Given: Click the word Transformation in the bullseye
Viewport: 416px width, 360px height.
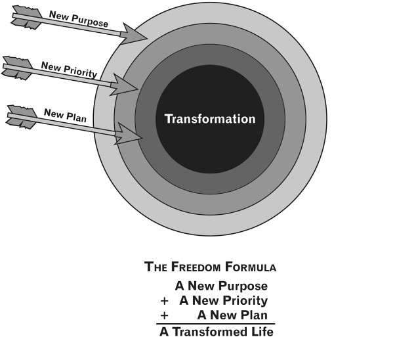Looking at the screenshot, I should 209,119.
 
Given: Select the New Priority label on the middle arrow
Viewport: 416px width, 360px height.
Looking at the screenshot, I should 69,69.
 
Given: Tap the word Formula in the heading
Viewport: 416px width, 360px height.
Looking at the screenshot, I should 251,267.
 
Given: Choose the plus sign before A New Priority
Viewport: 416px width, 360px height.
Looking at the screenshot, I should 164,302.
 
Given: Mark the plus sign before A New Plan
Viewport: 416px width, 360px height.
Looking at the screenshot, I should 164,315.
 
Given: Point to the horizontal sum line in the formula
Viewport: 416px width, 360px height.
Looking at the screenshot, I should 215,323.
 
